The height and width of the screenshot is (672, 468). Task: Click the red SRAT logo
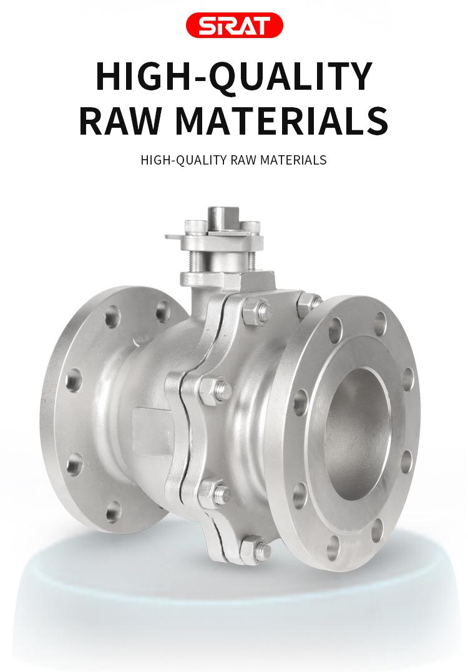(234, 26)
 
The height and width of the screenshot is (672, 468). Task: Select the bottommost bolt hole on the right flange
(333, 549)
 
